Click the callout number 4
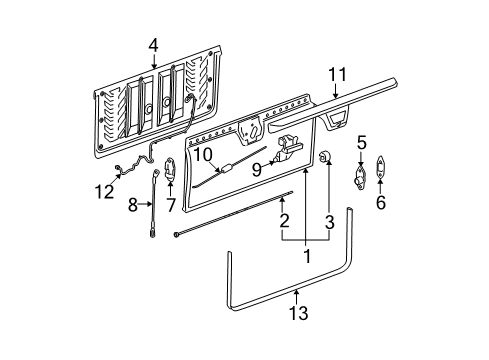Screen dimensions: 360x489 [153, 44]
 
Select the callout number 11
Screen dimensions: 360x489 [337, 73]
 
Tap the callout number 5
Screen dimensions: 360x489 [362, 142]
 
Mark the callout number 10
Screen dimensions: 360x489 [203, 155]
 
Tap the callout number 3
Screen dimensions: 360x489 [331, 220]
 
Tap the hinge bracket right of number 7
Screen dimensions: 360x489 [170, 171]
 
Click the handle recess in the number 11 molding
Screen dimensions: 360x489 [338, 119]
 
